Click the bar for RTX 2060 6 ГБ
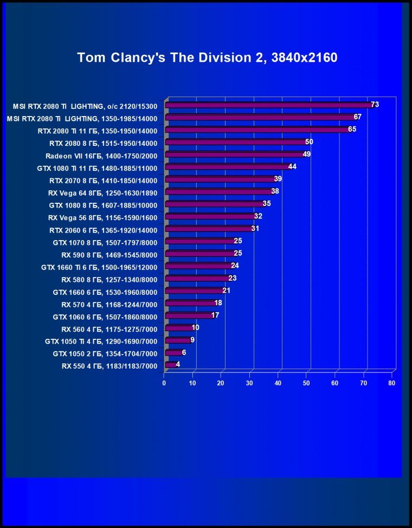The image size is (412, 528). (208, 229)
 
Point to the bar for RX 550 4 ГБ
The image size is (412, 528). (170, 365)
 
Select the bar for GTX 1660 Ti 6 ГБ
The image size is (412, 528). (198, 266)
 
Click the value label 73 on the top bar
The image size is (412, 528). (375, 104)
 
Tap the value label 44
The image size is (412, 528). (292, 166)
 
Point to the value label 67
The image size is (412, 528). (357, 117)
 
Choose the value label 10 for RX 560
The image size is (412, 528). (196, 327)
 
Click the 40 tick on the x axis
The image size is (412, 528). (278, 383)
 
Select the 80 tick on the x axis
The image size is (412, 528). (392, 383)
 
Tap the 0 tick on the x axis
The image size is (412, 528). (164, 383)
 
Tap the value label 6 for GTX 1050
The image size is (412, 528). (184, 352)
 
